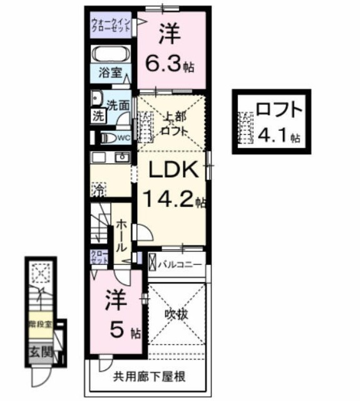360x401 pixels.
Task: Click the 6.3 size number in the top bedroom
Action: (161, 63)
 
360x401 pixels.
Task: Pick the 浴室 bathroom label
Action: (110, 73)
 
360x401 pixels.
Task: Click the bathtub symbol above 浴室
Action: (110, 54)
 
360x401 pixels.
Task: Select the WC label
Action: (123, 137)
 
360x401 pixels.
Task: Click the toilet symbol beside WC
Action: (108, 137)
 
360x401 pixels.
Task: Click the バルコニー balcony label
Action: (179, 264)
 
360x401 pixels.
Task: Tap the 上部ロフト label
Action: (174, 122)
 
